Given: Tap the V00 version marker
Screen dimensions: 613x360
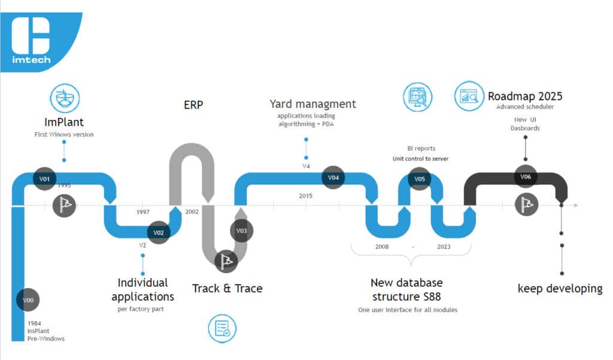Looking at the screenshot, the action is [28, 300].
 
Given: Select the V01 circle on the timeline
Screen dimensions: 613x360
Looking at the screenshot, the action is [44, 179].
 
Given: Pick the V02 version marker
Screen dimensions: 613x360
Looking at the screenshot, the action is [158, 232].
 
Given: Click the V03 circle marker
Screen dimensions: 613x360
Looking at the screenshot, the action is [242, 231].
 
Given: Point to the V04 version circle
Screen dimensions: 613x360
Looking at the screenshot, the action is [333, 178].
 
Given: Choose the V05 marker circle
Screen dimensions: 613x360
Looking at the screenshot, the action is [420, 179].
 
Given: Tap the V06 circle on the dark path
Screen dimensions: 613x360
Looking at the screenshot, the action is [526, 177].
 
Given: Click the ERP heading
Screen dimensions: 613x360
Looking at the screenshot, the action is [193, 105].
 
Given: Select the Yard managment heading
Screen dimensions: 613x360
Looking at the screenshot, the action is [312, 104].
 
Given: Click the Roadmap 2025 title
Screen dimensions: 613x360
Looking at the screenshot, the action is [525, 96].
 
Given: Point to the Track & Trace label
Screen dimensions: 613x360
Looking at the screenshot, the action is [227, 288].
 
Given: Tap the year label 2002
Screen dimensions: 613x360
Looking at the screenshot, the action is [192, 211].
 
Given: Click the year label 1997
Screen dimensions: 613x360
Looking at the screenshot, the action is [143, 212].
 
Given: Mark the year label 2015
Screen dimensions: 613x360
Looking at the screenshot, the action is [306, 196].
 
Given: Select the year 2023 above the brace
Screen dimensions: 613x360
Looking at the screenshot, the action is [444, 247].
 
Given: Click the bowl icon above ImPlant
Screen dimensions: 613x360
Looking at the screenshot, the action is [65, 98].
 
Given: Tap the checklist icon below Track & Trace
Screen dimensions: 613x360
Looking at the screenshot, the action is [222, 328].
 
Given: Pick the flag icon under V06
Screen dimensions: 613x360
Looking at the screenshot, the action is [527, 205].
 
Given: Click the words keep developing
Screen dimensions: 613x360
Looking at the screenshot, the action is [560, 289].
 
